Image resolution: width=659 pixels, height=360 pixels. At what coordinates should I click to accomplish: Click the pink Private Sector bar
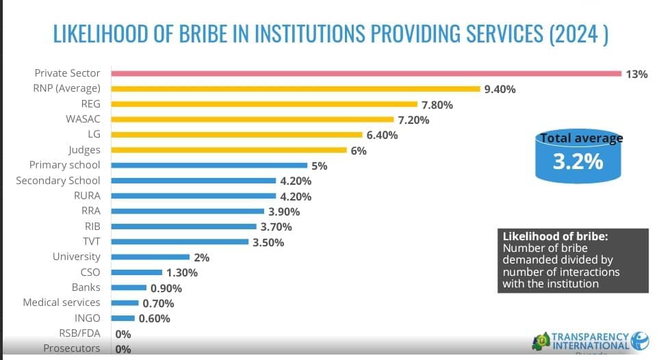pos(366,73)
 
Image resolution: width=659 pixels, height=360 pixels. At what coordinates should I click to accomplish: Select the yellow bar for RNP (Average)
pos(295,88)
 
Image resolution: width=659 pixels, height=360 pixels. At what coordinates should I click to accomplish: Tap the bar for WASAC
pos(253,119)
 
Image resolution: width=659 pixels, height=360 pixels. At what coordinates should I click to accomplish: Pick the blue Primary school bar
pos(209,165)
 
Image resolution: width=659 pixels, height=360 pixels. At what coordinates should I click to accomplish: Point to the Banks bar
pos(129,287)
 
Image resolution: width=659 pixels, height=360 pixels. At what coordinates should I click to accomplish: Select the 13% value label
pos(636,74)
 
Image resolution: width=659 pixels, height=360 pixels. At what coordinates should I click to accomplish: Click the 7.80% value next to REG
pos(437,105)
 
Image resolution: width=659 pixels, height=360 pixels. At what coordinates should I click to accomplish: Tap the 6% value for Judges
pos(359,151)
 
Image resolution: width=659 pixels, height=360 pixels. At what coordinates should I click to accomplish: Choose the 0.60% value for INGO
pos(155,318)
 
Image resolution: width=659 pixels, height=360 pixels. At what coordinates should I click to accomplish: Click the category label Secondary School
pos(57,181)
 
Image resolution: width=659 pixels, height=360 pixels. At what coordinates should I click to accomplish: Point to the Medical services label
pos(61,303)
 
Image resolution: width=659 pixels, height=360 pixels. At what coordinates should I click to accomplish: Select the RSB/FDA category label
pos(79,333)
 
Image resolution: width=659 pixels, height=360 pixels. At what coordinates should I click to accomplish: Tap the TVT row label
pos(90,241)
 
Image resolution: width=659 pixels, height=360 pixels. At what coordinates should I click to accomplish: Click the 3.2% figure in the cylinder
pos(578,162)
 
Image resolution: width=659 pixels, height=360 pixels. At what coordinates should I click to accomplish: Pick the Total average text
pos(582,139)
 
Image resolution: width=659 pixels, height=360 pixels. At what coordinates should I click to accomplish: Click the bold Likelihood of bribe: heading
pos(555,237)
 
